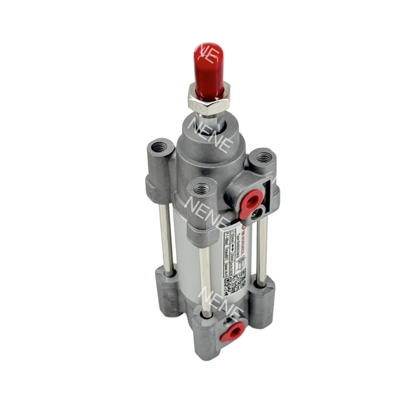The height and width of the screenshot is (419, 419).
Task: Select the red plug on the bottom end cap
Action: (233, 332)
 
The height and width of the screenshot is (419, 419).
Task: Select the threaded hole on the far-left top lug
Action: (159, 147)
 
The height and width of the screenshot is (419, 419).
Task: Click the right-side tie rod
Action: (261, 251)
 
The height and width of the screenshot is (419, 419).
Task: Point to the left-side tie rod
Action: (166, 239)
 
